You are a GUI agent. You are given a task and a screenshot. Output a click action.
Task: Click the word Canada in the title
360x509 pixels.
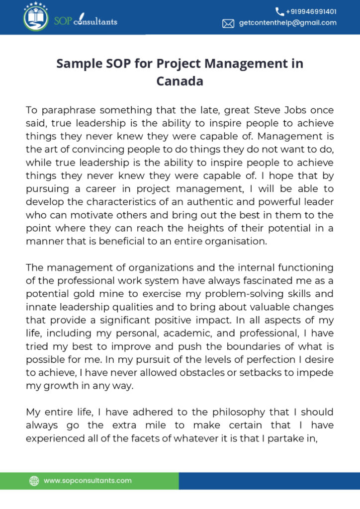[180, 81]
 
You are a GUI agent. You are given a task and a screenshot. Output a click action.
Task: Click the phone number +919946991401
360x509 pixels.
[311, 11]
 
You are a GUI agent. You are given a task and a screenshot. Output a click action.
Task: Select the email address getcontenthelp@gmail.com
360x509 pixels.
[287, 23]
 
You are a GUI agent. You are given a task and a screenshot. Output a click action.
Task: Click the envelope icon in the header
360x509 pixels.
[228, 23]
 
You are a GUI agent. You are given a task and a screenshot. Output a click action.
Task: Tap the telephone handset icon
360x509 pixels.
[280, 11]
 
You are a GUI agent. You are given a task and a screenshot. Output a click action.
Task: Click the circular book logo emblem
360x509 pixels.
[36, 17]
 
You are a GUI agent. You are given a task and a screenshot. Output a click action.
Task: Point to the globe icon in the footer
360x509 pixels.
[34, 481]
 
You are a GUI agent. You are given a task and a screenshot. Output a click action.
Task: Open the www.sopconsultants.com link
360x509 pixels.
[88, 481]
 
